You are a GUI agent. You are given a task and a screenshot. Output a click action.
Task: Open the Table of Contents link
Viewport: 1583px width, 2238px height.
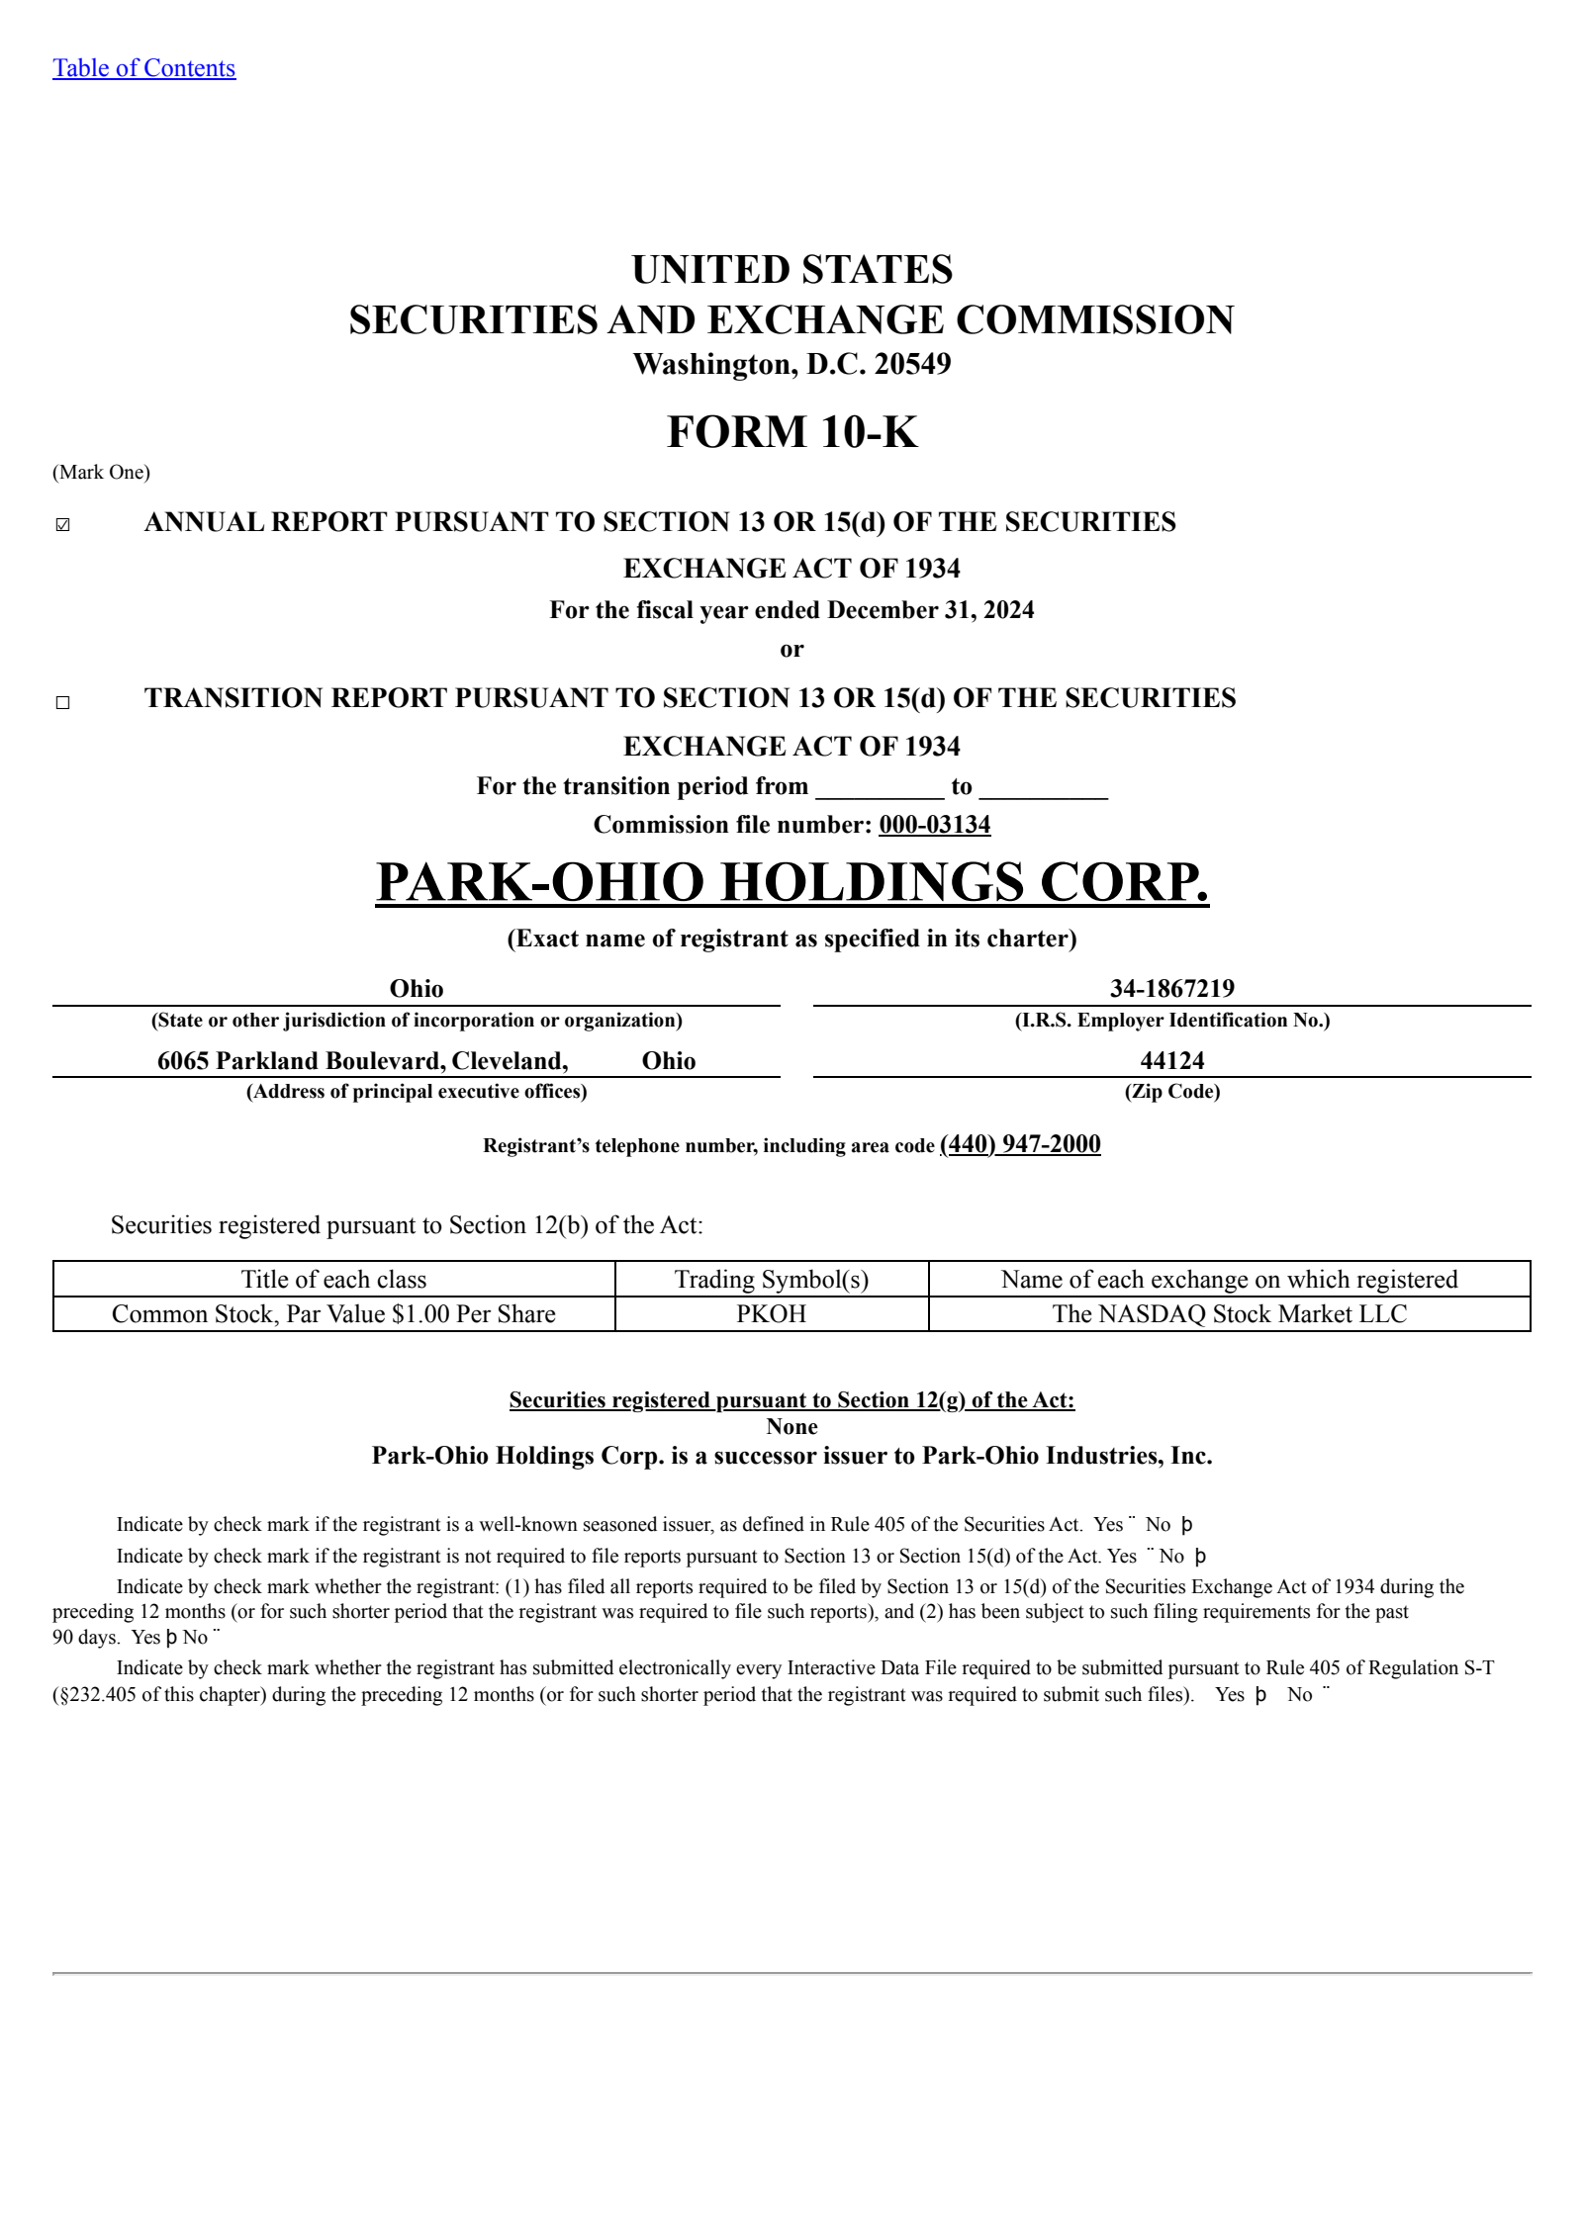coord(143,68)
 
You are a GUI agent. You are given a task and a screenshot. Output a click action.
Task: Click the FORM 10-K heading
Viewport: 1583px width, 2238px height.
coord(791,432)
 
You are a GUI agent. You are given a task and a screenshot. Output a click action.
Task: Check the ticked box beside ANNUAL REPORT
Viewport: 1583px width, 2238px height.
coord(63,525)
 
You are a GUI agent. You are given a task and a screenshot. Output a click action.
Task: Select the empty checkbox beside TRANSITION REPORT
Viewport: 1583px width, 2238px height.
coord(63,702)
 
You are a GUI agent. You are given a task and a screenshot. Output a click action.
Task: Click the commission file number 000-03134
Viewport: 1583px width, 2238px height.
coord(934,825)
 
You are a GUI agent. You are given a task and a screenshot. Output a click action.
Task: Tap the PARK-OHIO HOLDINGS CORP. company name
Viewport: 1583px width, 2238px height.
coord(791,882)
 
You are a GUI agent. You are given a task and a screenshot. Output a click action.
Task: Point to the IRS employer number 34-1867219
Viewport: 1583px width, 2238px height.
coord(1171,988)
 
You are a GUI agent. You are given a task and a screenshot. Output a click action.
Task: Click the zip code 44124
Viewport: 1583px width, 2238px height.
coord(1171,1060)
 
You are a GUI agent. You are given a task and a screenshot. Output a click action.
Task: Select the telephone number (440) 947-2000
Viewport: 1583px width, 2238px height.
coord(1019,1144)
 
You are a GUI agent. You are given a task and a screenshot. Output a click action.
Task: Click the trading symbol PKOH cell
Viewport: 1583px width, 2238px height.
coord(771,1314)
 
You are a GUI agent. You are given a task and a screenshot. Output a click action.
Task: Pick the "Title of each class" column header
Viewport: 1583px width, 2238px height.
coord(333,1280)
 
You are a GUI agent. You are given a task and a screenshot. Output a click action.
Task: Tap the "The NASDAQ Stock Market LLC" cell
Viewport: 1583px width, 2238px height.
coord(1229,1314)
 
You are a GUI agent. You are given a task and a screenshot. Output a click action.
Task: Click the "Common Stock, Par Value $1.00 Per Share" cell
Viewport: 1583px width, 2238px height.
coord(333,1314)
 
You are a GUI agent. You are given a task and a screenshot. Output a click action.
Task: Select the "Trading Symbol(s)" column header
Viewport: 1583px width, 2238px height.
coord(771,1280)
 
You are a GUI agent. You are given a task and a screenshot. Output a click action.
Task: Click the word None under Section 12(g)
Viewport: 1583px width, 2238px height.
coord(791,1427)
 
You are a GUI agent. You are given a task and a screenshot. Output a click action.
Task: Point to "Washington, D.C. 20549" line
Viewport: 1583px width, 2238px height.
coord(791,364)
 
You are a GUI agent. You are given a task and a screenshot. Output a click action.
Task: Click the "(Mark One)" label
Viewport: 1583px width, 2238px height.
coord(101,473)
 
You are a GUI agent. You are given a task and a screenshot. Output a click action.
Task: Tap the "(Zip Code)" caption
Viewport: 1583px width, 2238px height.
coord(1171,1092)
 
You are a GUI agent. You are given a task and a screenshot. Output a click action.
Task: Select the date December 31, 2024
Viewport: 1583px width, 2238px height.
coord(930,610)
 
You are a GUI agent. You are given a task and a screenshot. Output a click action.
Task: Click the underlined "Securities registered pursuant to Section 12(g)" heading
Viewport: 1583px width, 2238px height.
coord(791,1400)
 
